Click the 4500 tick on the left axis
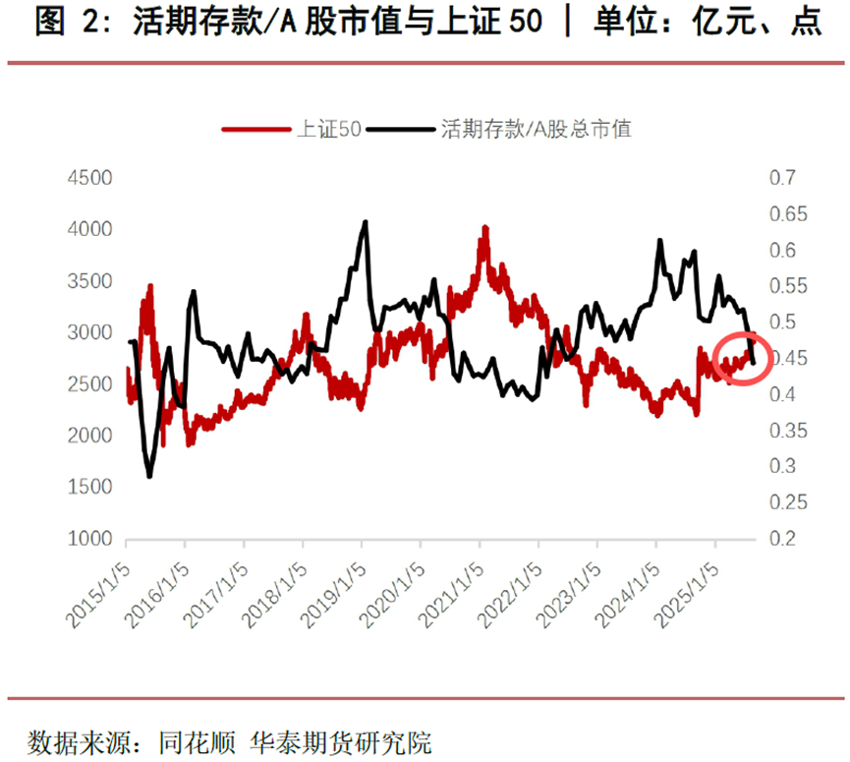89,178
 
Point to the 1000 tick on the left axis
89,539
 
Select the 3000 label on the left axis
89,332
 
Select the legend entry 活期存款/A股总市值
536,128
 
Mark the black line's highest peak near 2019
366,222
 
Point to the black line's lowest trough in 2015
149,477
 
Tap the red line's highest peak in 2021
484,228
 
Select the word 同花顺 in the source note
196,739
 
